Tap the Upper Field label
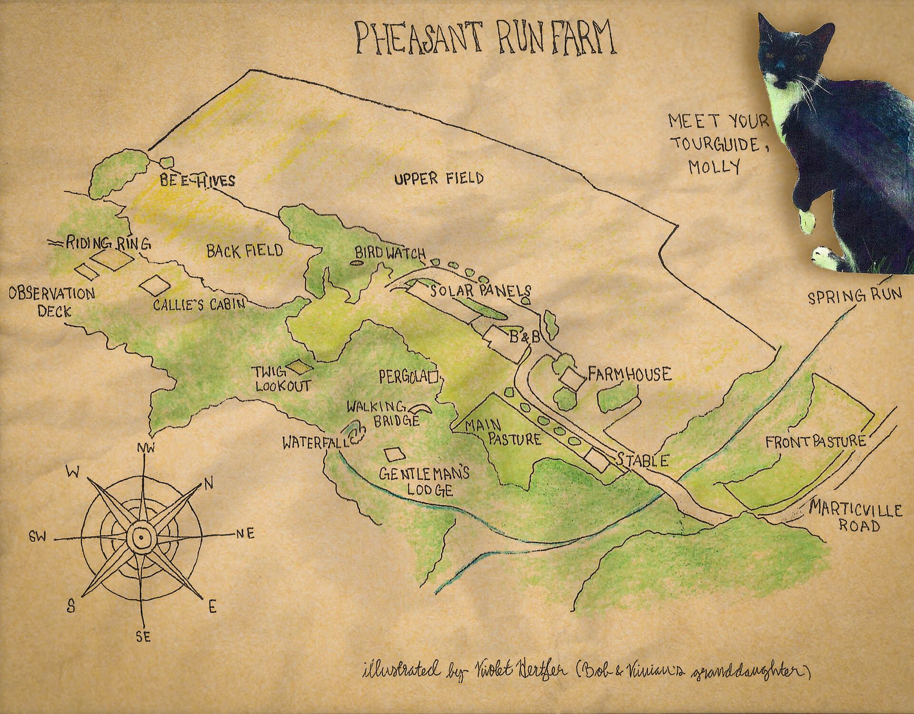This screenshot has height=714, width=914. coord(438,179)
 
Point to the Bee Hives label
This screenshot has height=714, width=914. coord(197,181)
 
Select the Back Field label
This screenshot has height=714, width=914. coord(244,251)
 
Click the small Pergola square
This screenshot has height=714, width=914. coord(433,378)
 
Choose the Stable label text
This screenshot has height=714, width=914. coord(643,460)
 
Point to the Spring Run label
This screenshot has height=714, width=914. coord(854,296)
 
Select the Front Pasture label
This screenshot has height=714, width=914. coord(815,442)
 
